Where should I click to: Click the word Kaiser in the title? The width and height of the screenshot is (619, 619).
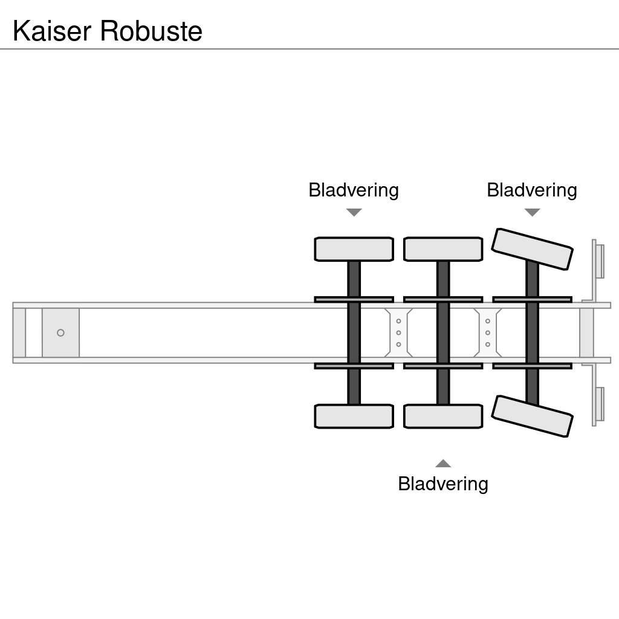[53, 31]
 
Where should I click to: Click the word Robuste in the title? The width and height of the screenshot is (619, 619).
[151, 31]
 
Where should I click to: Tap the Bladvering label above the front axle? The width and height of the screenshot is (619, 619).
[354, 190]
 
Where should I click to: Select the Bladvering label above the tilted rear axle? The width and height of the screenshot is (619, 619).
[532, 190]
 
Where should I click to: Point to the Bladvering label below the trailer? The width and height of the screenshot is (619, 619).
[443, 484]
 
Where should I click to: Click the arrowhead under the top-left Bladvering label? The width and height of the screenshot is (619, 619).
[354, 212]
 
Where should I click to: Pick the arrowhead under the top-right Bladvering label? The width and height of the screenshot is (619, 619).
[532, 212]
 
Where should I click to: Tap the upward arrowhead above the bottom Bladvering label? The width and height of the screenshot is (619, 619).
[443, 464]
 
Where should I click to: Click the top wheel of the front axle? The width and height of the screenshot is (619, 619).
[354, 249]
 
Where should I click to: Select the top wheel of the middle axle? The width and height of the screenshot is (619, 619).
[443, 249]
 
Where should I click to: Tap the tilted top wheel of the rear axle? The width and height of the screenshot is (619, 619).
[532, 249]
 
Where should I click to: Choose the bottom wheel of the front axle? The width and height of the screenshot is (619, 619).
[354, 416]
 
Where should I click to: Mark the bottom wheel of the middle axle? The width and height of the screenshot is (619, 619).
[443, 416]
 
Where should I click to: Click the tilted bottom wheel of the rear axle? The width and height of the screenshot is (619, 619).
[532, 416]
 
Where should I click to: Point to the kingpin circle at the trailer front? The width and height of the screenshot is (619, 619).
[60, 333]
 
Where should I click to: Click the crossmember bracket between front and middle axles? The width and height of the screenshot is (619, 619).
[398, 333]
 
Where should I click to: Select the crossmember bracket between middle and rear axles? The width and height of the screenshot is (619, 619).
[488, 333]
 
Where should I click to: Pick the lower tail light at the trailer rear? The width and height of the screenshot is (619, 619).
[600, 404]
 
